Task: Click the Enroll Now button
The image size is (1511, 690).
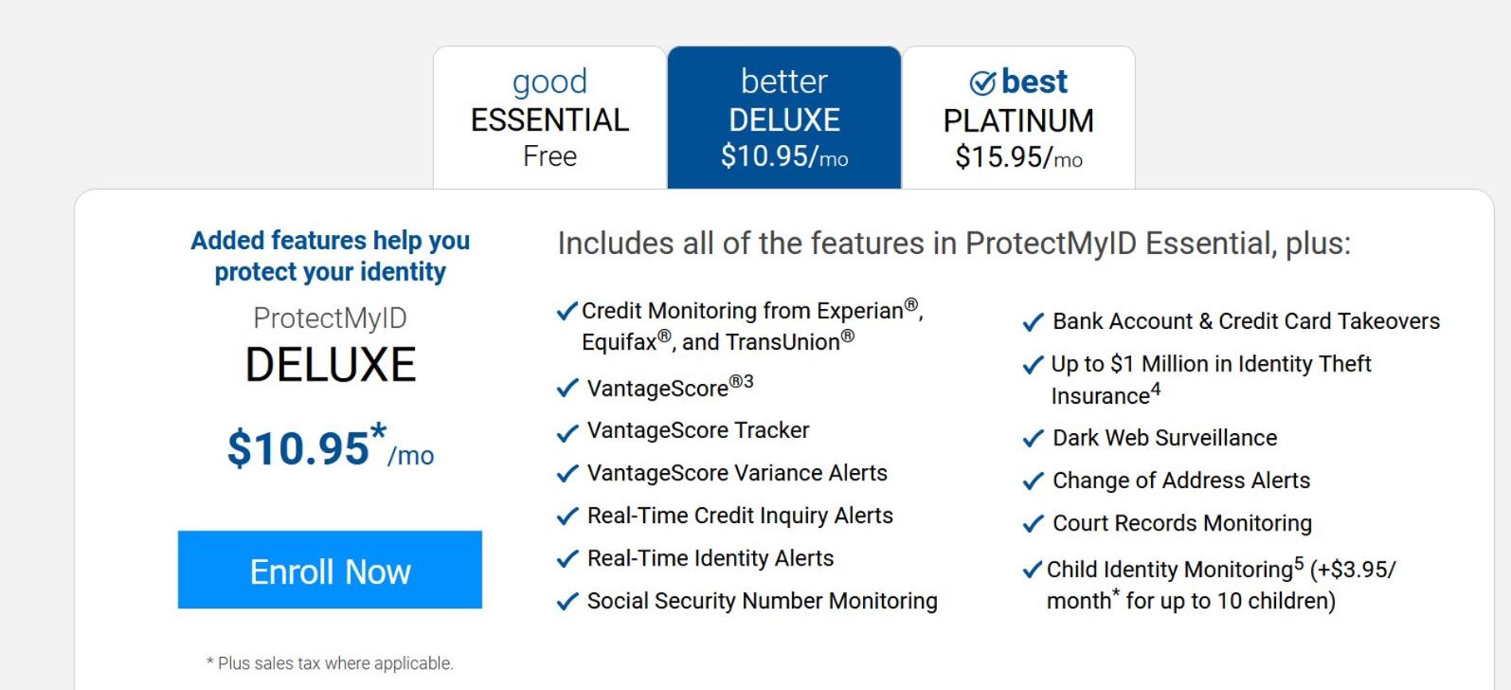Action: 330,569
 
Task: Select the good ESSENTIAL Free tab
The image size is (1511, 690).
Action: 549,118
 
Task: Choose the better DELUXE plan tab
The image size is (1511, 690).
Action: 784,118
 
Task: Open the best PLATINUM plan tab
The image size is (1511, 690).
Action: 1018,118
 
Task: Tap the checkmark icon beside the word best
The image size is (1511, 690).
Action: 982,83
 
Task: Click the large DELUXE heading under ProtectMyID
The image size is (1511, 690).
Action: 331,365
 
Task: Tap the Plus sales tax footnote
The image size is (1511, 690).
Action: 330,663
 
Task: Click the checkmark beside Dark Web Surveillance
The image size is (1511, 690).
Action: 1033,439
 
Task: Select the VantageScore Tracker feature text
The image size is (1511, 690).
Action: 698,430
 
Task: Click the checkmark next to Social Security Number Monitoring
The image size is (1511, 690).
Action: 567,601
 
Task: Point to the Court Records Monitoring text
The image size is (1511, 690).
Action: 1182,522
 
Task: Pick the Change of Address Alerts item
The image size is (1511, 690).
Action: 1181,480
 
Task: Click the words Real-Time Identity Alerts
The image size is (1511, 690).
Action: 711,558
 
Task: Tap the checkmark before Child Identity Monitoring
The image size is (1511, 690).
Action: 1033,570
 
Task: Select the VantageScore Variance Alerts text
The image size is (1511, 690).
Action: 737,473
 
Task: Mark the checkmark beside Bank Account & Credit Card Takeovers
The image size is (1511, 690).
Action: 1033,322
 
